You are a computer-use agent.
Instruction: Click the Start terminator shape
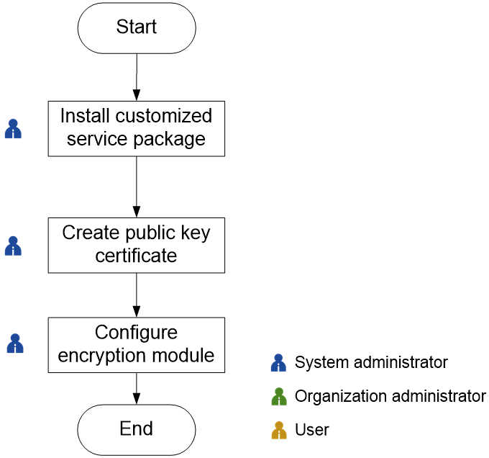(137, 28)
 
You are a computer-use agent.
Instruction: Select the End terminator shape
(137, 430)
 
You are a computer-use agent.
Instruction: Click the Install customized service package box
(137, 129)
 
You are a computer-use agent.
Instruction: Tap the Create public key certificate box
(137, 246)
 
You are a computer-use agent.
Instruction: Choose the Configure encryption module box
(137, 345)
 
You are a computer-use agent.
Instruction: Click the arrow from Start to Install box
(137, 77)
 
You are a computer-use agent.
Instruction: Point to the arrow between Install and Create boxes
(137, 187)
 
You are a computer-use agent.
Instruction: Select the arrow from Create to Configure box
(137, 295)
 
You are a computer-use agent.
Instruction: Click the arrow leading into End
(137, 388)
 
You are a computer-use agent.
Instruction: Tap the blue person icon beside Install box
(13, 129)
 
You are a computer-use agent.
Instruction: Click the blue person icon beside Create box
(13, 246)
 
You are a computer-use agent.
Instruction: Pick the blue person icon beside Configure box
(15, 343)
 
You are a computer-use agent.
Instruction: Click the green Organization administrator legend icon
(279, 397)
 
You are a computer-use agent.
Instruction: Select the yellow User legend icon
(279, 430)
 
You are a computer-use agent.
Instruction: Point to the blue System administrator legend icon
(278, 363)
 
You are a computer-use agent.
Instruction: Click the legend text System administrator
(371, 362)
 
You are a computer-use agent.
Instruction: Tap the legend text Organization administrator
(390, 397)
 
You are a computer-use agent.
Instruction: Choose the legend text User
(312, 430)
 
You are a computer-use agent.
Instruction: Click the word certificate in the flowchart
(136, 256)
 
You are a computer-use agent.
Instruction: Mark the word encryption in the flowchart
(101, 356)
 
